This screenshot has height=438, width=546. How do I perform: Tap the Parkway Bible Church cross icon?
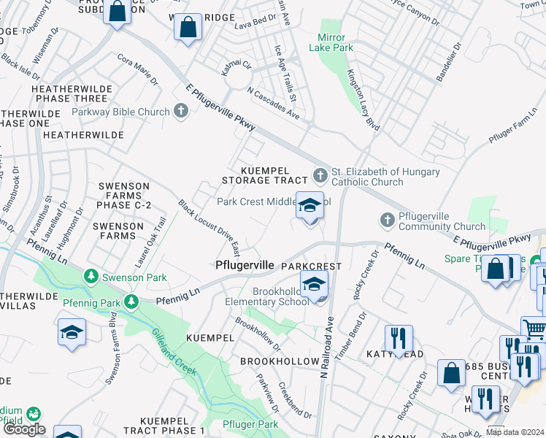coord(182,112)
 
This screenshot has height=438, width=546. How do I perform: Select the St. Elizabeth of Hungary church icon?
coord(320,175)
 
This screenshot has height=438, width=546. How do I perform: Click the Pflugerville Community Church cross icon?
coord(388,220)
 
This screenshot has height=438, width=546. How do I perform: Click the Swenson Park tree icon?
coord(91,277)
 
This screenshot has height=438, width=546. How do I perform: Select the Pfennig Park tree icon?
coord(131,301)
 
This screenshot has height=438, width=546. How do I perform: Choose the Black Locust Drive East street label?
coord(209,228)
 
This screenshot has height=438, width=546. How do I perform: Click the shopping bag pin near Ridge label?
coord(188,28)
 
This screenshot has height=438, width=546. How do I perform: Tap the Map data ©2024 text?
coord(515,432)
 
